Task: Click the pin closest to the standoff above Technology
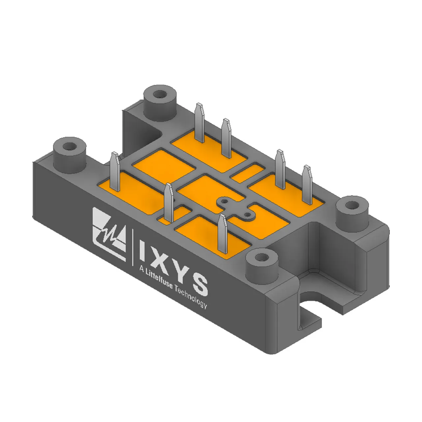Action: (x=223, y=233)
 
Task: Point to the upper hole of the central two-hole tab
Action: (x=224, y=201)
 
